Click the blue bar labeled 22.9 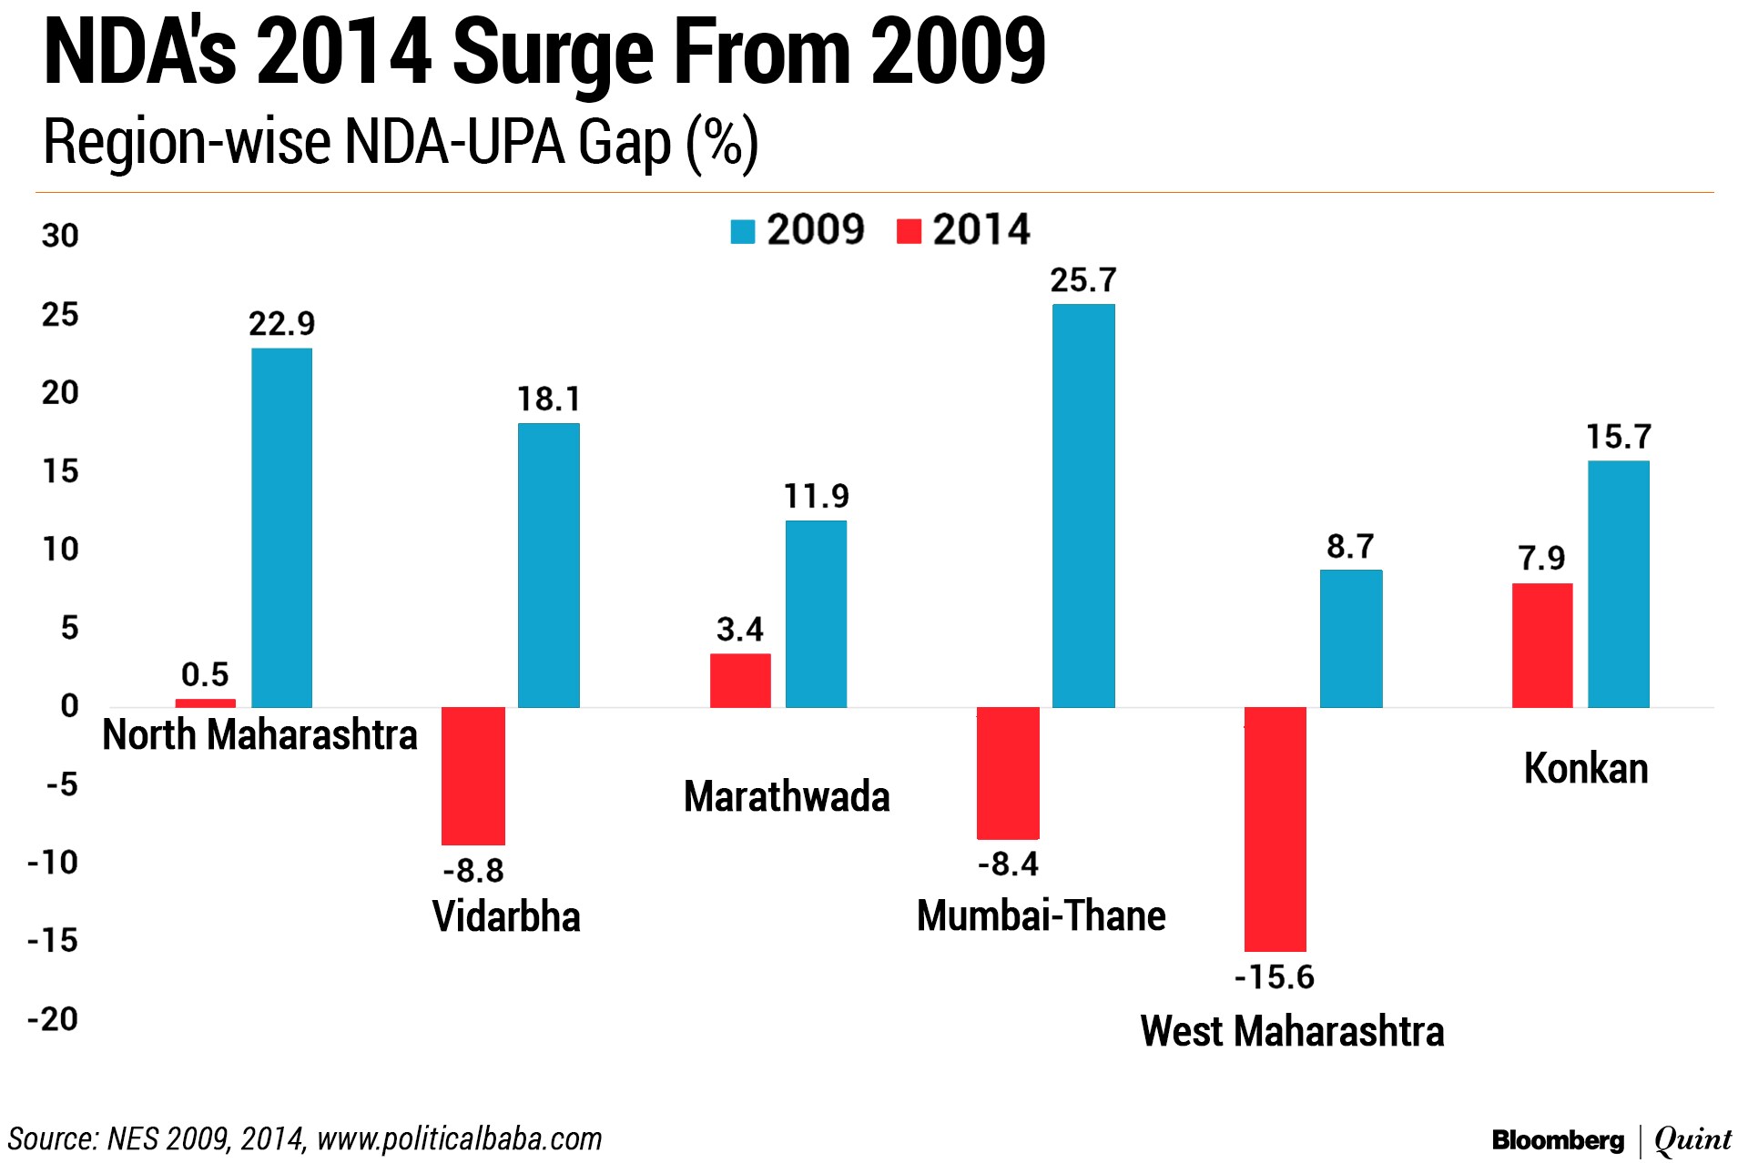coord(281,528)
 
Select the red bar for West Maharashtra coord(1275,828)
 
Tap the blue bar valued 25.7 coord(1083,506)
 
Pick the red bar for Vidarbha coord(473,775)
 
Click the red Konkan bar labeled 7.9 coord(1541,645)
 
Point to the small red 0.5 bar coord(205,703)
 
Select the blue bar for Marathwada coord(816,614)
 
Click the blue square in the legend coord(743,231)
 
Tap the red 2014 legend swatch coord(909,231)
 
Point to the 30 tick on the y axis coord(60,237)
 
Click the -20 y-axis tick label coord(53,1019)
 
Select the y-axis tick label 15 coord(60,471)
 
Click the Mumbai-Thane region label coord(1041,915)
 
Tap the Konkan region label coord(1586,769)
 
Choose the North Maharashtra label coord(259,735)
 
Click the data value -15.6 coord(1274,977)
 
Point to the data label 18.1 coord(548,399)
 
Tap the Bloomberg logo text coord(1558,1139)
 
